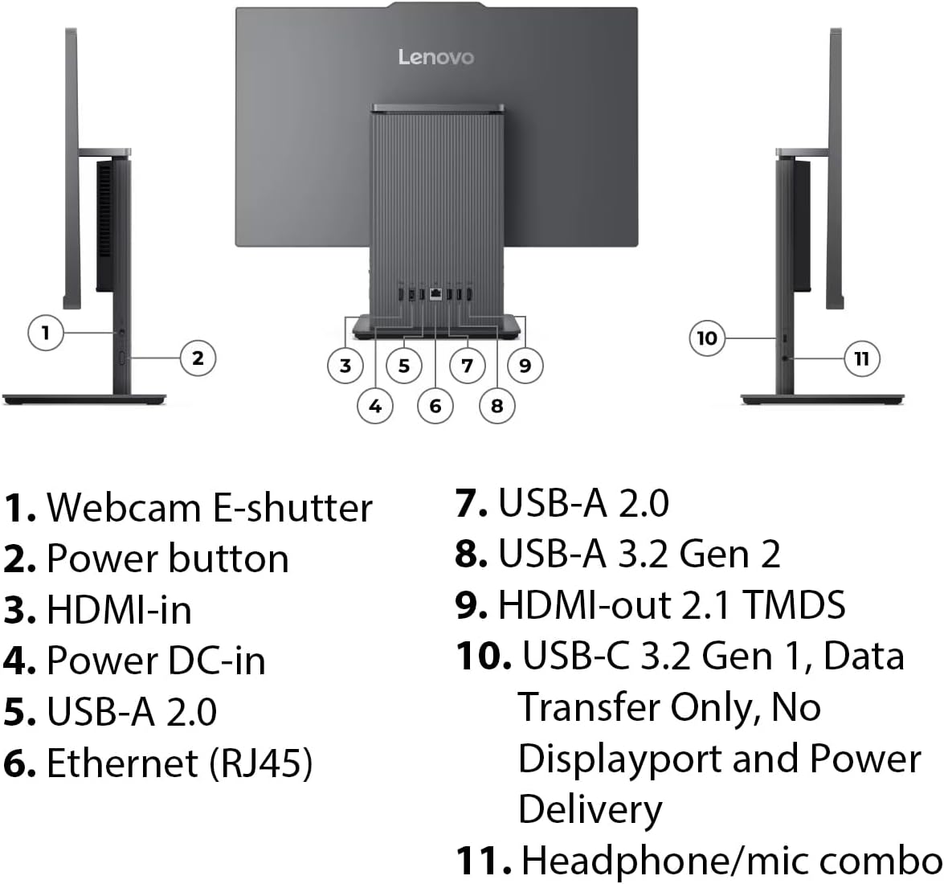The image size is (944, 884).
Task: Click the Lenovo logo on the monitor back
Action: click(436, 57)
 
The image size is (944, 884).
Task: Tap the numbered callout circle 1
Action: click(46, 332)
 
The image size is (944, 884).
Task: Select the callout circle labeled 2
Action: click(198, 358)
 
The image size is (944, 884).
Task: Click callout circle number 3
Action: click(345, 366)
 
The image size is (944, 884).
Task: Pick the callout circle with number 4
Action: click(375, 406)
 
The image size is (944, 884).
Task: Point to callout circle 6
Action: click(435, 406)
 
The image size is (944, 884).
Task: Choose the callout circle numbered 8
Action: click(497, 406)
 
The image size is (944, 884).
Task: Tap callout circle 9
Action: click(525, 366)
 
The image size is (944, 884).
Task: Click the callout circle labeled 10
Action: click(707, 338)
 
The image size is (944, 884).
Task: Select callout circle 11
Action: click(862, 358)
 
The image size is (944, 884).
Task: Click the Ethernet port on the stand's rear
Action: click(435, 295)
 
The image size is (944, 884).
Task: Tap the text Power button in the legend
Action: click(167, 559)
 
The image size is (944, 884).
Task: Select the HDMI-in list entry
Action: click(119, 610)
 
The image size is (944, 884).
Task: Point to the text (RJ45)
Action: click(260, 763)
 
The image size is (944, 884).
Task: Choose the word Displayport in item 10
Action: click(619, 759)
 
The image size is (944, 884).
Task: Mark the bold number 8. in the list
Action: click(471, 554)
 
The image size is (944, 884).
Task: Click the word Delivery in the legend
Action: click(590, 809)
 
